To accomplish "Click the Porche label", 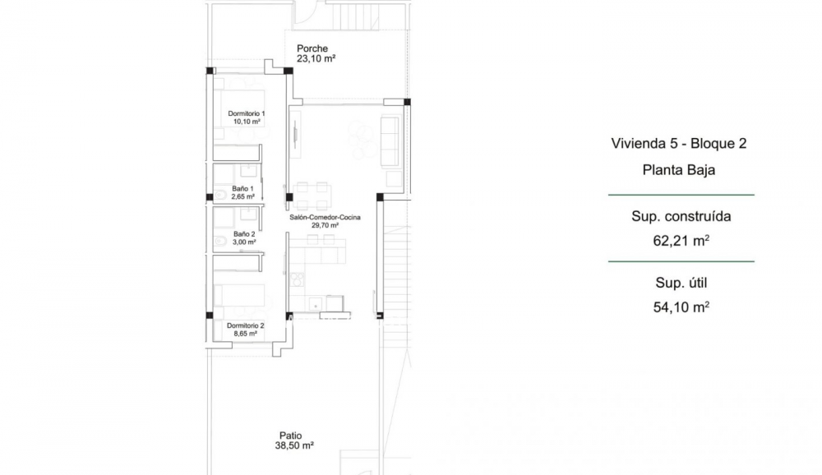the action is coord(312,48).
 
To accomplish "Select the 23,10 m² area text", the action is coord(316,58).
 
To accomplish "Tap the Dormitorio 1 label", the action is coord(247,113).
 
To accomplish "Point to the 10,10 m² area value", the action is coord(247,122).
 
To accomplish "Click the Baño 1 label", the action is coord(242,189).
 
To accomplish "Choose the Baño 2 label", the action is coord(244,234).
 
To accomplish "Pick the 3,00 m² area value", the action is coord(244,242).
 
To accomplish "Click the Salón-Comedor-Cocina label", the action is coord(325,217).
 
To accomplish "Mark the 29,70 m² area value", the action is coord(325,225).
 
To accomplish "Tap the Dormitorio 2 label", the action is coord(245,325).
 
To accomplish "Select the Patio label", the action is coord(290,436).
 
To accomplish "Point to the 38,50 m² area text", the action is coord(294,445).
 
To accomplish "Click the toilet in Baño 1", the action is coord(219,196).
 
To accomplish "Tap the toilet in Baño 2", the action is coord(219,241).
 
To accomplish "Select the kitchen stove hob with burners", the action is coord(298,279).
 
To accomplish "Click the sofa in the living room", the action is coord(390,141).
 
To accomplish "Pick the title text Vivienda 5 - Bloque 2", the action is coord(679,144).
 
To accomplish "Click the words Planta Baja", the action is coord(679,170).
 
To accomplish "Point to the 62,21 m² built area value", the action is coord(681,241).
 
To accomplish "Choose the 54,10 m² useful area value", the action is coord(681,307).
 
